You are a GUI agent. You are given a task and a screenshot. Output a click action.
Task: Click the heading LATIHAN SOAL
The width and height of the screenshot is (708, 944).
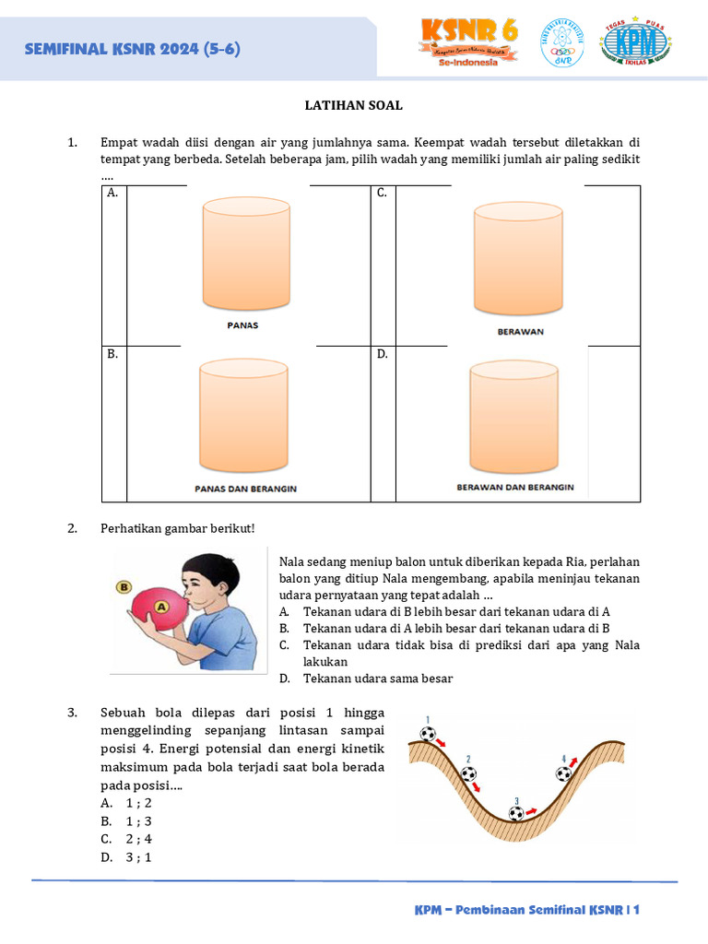(353, 105)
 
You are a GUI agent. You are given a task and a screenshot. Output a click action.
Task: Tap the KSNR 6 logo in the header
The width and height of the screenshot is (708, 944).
(469, 41)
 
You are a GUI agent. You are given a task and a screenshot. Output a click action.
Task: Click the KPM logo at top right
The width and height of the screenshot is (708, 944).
(634, 42)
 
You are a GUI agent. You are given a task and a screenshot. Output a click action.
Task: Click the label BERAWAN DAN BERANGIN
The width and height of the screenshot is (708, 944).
(515, 487)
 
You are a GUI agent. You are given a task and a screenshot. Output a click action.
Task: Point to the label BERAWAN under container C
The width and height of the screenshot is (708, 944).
(520, 332)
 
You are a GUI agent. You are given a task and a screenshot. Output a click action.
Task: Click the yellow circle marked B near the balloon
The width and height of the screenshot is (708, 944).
(123, 586)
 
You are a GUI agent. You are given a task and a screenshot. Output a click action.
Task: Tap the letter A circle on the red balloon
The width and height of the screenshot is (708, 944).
(161, 607)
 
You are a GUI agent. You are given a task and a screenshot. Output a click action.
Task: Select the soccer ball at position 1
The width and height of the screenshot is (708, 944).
(428, 735)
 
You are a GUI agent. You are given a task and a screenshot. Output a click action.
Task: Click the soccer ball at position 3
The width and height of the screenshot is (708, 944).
(516, 814)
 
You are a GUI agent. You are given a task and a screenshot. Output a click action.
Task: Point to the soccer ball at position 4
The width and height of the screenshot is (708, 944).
(564, 773)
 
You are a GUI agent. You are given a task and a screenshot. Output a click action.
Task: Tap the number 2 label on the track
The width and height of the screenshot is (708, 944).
(468, 759)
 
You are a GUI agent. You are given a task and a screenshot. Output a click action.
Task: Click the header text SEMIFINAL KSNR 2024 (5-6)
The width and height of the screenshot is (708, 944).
(133, 49)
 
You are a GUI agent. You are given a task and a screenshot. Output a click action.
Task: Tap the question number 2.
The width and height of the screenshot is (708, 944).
(72, 528)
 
